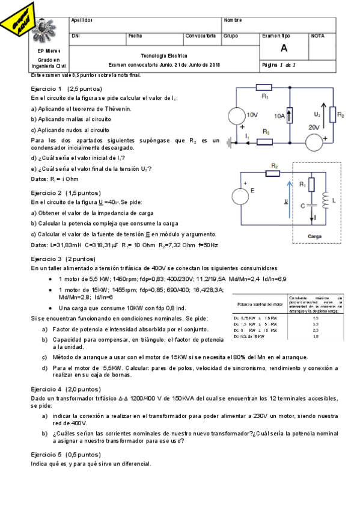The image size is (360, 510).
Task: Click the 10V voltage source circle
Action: [x=237, y=115]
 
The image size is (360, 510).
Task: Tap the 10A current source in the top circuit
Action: [x=290, y=115]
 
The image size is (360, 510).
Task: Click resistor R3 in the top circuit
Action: [x=265, y=142]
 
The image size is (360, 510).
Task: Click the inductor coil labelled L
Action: [x=326, y=201]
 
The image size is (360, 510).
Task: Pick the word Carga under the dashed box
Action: [x=315, y=236]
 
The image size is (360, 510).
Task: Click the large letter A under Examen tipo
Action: [x=283, y=49]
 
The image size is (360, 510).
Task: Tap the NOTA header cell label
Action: [x=318, y=36]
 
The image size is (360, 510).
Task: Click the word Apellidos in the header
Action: [x=81, y=20]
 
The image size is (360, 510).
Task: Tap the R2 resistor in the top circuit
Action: [x=340, y=114]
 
